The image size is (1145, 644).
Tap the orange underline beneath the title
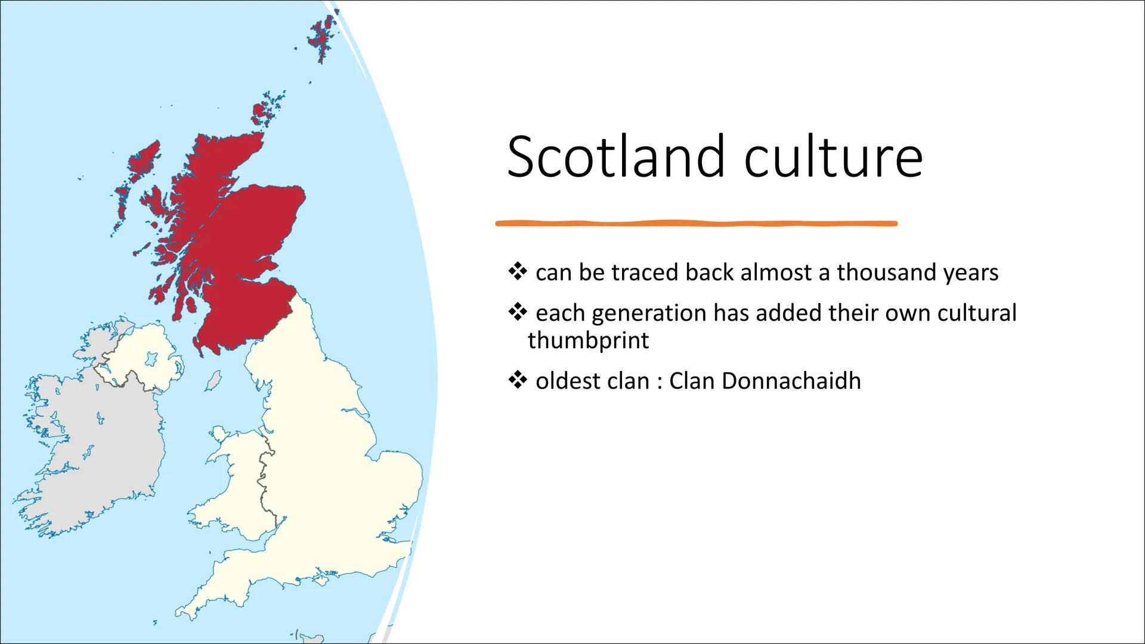[x=696, y=224]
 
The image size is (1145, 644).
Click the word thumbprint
[x=588, y=340]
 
